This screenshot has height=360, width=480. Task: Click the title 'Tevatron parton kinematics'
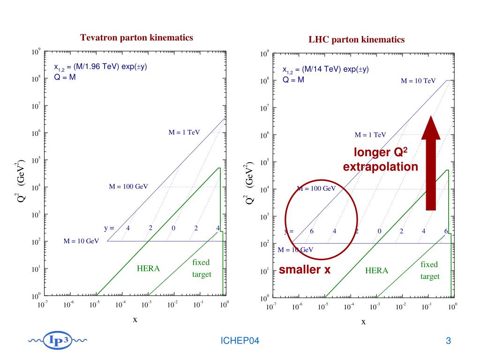pyautogui.click(x=136, y=37)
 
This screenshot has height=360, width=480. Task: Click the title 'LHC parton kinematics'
pyautogui.click(x=356, y=40)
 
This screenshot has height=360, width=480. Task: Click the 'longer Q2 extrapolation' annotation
pyautogui.click(x=380, y=159)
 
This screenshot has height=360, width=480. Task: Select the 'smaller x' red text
pyautogui.click(x=305, y=270)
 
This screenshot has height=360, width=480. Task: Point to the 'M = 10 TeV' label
pyautogui.click(x=418, y=81)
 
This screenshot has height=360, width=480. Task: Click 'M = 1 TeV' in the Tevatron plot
pyautogui.click(x=184, y=132)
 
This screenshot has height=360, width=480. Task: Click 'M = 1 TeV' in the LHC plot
pyautogui.click(x=370, y=135)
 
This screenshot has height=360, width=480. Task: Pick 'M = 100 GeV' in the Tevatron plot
pyautogui.click(x=128, y=187)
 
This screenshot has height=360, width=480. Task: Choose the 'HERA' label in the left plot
pyautogui.click(x=148, y=269)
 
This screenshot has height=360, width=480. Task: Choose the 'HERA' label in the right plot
pyautogui.click(x=377, y=271)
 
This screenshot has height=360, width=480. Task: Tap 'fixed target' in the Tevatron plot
pyautogui.click(x=202, y=268)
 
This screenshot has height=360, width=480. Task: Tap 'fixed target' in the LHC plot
pyautogui.click(x=430, y=270)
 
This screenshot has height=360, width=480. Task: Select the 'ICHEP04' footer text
pyautogui.click(x=240, y=341)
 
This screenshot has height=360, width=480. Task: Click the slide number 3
pyautogui.click(x=448, y=341)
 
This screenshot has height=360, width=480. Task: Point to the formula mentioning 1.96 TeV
pyautogui.click(x=100, y=70)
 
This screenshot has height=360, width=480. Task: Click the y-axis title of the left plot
pyautogui.click(x=19, y=182)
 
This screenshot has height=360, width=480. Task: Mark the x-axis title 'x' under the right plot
pyautogui.click(x=363, y=322)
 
